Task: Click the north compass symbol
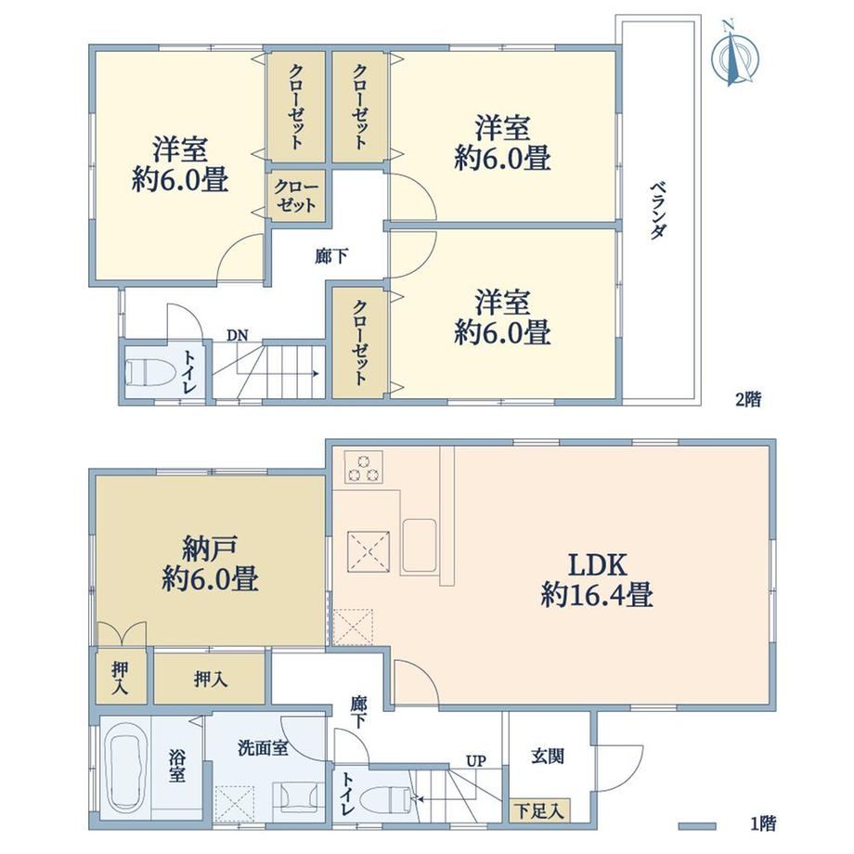point(736,54)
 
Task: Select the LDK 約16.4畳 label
point(597,579)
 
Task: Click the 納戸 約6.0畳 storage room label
point(210,563)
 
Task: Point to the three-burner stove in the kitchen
point(364,467)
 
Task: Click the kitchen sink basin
point(419,546)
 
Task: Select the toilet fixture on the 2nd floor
point(149,373)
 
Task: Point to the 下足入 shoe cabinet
point(539,811)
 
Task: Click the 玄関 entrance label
point(548,756)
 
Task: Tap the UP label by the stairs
point(475,760)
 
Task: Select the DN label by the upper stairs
point(237,335)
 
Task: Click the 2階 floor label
point(748,400)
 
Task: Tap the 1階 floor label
point(763,823)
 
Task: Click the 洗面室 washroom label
point(263,748)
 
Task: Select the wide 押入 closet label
point(210,679)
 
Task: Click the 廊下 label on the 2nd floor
point(331,256)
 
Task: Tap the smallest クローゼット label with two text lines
point(296,196)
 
